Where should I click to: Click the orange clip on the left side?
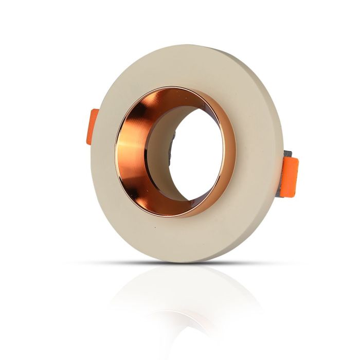[93, 126]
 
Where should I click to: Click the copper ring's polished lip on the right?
[230, 154]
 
